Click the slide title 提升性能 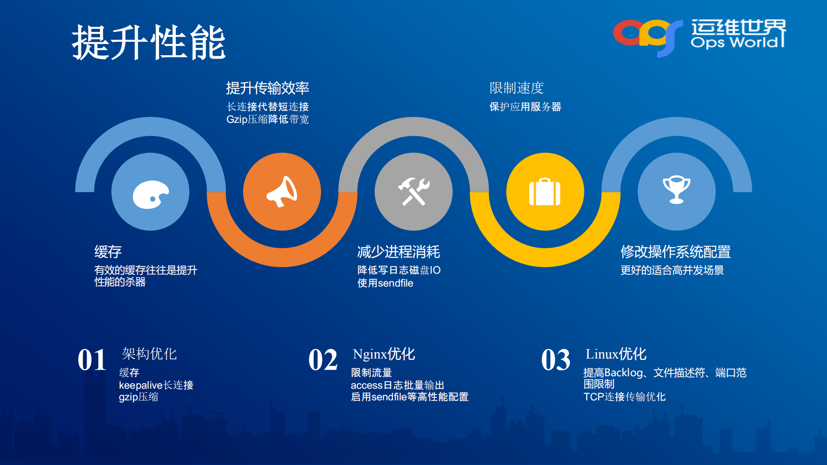tap(149, 42)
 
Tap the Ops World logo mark tap(647, 35)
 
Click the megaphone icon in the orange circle tap(282, 191)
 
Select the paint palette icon tap(150, 194)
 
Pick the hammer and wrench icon tap(413, 191)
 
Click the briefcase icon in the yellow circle tap(545, 192)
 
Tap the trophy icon tap(676, 190)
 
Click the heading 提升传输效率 tap(268, 88)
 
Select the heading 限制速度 tap(516, 88)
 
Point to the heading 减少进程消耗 tap(398, 252)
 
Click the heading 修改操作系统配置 tap(675, 252)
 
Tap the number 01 tap(92, 360)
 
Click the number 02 tap(323, 360)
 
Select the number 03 tap(555, 360)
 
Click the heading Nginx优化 tap(384, 354)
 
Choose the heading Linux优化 tap(615, 354)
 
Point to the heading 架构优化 tap(149, 354)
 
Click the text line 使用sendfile tap(385, 283)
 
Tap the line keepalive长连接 tap(156, 385)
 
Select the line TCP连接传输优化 tap(624, 396)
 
